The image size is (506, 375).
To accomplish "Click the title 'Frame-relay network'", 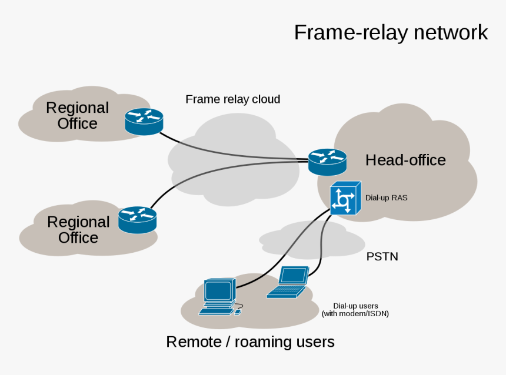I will [x=391, y=32].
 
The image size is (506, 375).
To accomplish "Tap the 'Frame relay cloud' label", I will [x=232, y=99].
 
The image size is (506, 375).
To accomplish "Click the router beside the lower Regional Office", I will [x=137, y=220].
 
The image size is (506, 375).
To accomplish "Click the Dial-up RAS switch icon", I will [x=342, y=198].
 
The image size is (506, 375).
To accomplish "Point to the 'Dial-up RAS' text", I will [x=386, y=198].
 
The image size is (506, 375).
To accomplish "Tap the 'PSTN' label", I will [x=382, y=257].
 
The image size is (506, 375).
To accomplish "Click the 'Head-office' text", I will [x=405, y=160].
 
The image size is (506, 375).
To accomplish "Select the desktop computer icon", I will [x=219, y=297].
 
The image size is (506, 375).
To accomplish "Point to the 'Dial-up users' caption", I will [x=355, y=306].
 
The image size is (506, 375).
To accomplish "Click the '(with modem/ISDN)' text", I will [x=355, y=314].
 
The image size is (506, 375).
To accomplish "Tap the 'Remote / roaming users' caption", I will [x=250, y=341].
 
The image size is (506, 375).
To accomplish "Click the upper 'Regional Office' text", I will [x=77, y=115].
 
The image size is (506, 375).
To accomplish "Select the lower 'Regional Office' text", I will [x=78, y=230].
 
